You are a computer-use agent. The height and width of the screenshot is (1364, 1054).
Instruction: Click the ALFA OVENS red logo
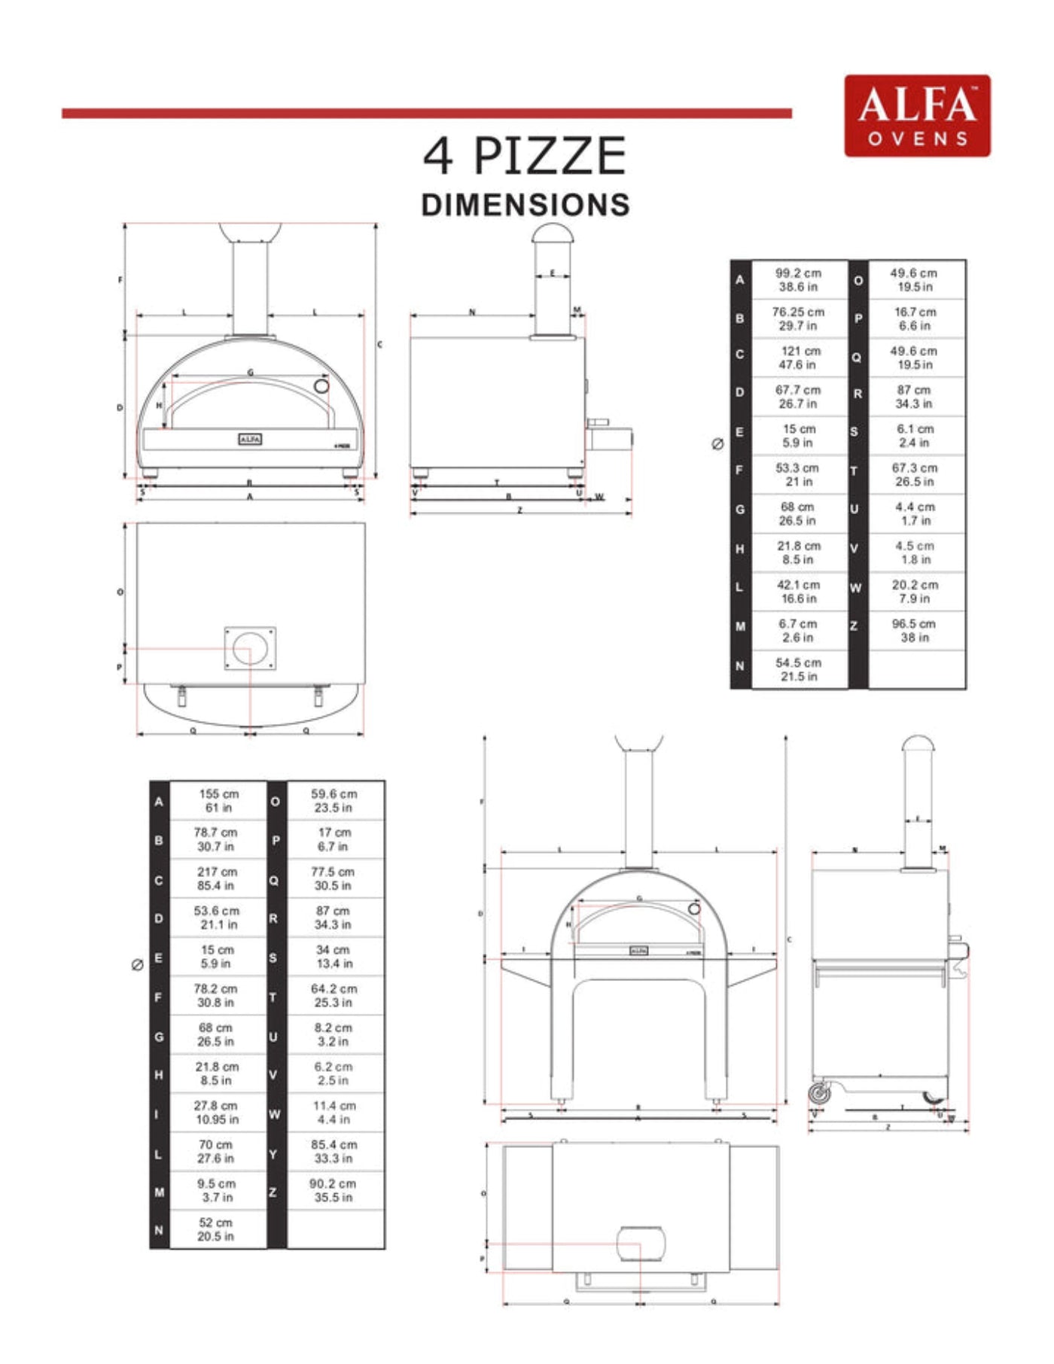click(x=917, y=116)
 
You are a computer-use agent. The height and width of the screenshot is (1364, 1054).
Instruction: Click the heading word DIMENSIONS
click(x=525, y=205)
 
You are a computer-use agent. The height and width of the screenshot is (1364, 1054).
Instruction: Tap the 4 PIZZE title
click(x=525, y=156)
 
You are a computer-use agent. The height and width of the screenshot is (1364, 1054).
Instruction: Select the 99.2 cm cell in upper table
click(x=798, y=280)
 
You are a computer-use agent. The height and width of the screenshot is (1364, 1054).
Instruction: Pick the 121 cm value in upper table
click(x=800, y=358)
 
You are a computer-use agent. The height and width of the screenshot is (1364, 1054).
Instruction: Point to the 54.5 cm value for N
click(x=798, y=669)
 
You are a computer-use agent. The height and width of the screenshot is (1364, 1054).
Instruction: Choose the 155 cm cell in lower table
click(x=218, y=801)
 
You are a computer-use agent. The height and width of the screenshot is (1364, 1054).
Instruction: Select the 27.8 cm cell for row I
click(x=216, y=1113)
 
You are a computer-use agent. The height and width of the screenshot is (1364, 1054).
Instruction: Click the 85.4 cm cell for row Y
click(x=334, y=1151)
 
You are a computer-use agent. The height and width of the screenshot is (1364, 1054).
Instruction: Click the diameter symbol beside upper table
click(x=717, y=444)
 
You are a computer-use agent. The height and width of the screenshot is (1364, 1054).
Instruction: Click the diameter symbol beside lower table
click(x=137, y=965)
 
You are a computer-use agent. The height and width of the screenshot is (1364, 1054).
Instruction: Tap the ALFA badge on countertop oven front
click(x=250, y=439)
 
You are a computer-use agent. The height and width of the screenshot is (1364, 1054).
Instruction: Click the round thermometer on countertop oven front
click(x=321, y=386)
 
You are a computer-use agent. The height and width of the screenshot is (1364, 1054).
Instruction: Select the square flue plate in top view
click(x=250, y=648)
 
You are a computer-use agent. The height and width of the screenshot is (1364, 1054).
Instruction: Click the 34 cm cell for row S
click(x=334, y=957)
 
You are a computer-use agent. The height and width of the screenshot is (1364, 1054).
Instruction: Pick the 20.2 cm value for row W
click(x=915, y=592)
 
